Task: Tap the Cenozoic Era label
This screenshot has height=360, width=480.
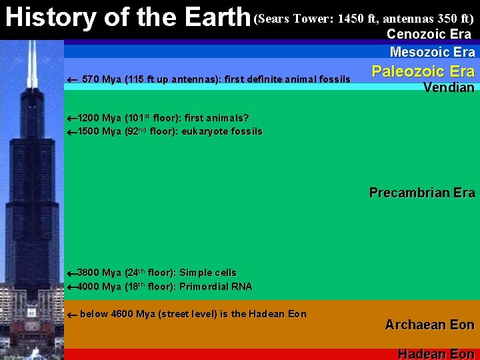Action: (x=429, y=34)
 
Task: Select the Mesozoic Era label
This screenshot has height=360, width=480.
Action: (x=432, y=52)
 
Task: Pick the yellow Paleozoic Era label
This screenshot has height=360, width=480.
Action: (x=423, y=71)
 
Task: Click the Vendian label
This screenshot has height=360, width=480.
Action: (x=449, y=87)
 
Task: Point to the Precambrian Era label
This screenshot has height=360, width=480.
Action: (x=422, y=193)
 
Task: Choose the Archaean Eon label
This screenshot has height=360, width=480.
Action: (x=429, y=325)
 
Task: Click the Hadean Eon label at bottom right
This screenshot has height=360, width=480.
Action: (x=436, y=354)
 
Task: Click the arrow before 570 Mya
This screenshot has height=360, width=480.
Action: (x=73, y=80)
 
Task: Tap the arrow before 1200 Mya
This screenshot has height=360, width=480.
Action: (x=73, y=119)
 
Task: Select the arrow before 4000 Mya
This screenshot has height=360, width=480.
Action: (x=73, y=287)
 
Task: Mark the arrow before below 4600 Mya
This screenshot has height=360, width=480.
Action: (x=73, y=314)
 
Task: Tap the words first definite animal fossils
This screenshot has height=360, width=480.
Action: (x=287, y=80)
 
